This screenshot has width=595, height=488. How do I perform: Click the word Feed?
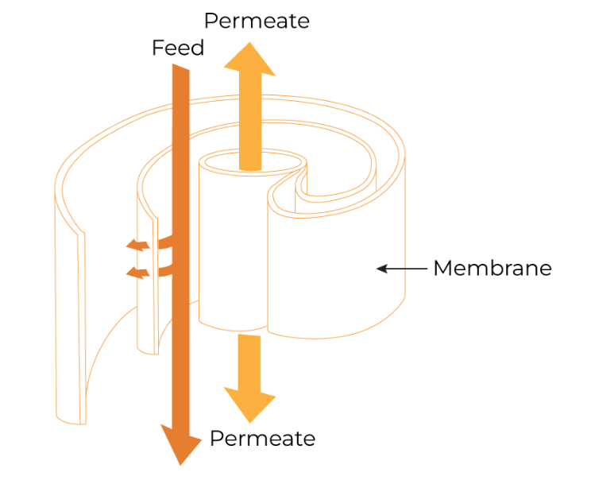coord(178,48)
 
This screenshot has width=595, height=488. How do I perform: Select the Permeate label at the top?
coord(257,21)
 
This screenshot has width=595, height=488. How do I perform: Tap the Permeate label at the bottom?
coord(262,438)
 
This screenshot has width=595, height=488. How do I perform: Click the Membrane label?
coord(492,269)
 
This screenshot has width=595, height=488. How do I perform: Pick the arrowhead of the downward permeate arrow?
coord(249,401)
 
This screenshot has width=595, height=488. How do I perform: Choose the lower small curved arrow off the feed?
coord(140,273)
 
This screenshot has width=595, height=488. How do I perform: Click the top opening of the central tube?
coord(253,162)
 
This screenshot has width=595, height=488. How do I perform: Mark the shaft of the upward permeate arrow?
coord(250,119)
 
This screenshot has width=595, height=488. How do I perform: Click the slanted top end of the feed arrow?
coord(180,71)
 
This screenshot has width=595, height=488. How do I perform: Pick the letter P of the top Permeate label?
coord(211,21)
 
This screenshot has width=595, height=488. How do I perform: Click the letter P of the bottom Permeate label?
coord(215,438)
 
